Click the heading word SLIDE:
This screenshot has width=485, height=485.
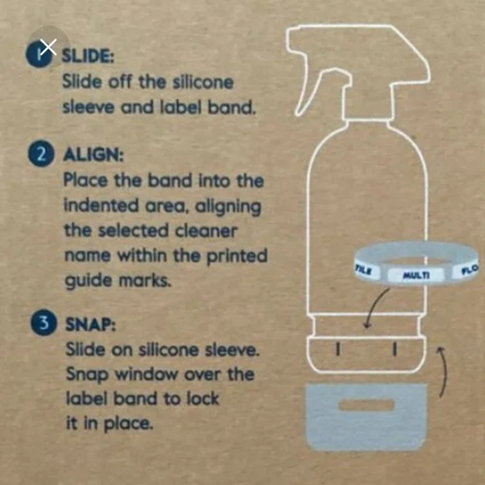pyautogui.click(x=88, y=56)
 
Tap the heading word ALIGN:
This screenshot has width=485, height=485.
pyautogui.click(x=94, y=155)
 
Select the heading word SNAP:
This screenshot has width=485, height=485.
pyautogui.click(x=90, y=324)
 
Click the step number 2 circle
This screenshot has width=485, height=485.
pyautogui.click(x=42, y=153)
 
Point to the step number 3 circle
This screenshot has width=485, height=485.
pyautogui.click(x=44, y=323)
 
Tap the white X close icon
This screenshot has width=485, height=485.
pyautogui.click(x=48, y=47)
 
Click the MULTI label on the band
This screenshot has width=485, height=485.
pyautogui.click(x=416, y=274)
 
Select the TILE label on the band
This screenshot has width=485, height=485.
pyautogui.click(x=363, y=270)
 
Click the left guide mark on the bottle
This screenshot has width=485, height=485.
pyautogui.click(x=339, y=349)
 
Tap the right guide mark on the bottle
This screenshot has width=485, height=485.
pyautogui.click(x=395, y=349)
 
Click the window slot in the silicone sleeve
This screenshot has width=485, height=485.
pyautogui.click(x=366, y=406)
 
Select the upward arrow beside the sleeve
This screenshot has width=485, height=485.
pyautogui.click(x=444, y=371)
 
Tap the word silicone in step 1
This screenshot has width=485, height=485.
pyautogui.click(x=203, y=82)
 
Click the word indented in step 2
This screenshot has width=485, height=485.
pyautogui.click(x=101, y=206)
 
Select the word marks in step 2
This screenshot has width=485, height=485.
pyautogui.click(x=145, y=280)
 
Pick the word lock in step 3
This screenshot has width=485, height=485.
pyautogui.click(x=203, y=398)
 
